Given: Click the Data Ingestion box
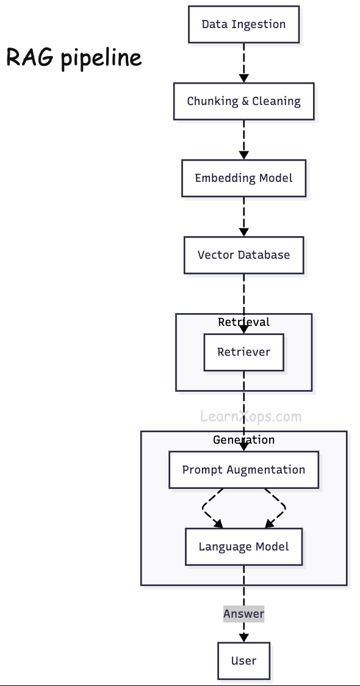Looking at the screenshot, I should pyautogui.click(x=243, y=24).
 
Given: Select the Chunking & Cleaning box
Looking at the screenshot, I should pyautogui.click(x=243, y=101).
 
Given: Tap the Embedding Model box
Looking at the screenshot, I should pyautogui.click(x=243, y=178).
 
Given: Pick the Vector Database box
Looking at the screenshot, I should pyautogui.click(x=243, y=255).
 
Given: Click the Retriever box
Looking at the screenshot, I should pyautogui.click(x=243, y=352).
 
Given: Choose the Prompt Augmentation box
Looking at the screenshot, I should pyautogui.click(x=243, y=470).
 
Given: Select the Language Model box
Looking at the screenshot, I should pyautogui.click(x=243, y=546).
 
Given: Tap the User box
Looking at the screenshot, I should pyautogui.click(x=243, y=661).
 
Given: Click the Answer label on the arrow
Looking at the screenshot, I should pyautogui.click(x=243, y=614).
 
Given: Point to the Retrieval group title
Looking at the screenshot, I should pyautogui.click(x=243, y=322).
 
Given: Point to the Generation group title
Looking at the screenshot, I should pyautogui.click(x=243, y=440).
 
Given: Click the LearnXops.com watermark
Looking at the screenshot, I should pyautogui.click(x=251, y=417).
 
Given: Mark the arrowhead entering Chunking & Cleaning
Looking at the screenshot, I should pyautogui.click(x=243, y=79).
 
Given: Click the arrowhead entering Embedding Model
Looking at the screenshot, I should pyautogui.click(x=243, y=156).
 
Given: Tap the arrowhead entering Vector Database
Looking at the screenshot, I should pyautogui.click(x=243, y=233).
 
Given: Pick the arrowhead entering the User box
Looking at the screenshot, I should pyautogui.click(x=243, y=638).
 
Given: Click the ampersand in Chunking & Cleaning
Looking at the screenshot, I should pyautogui.click(x=245, y=101).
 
